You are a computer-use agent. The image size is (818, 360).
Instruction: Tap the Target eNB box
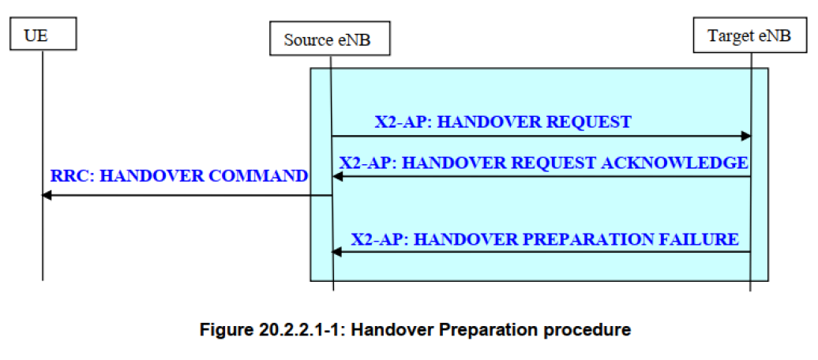pyautogui.click(x=750, y=36)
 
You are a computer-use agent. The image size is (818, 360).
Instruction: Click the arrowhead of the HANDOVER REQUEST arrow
pyautogui.click(x=745, y=136)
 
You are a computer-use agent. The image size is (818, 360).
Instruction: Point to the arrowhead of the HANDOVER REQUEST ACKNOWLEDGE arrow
pyautogui.click(x=338, y=177)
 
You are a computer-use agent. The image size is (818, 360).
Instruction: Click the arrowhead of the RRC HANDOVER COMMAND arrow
pyautogui.click(x=47, y=196)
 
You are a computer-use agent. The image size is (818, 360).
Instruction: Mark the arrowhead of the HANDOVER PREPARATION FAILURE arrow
pyautogui.click(x=338, y=253)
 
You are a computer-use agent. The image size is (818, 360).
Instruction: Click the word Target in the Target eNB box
pyautogui.click(x=726, y=36)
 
